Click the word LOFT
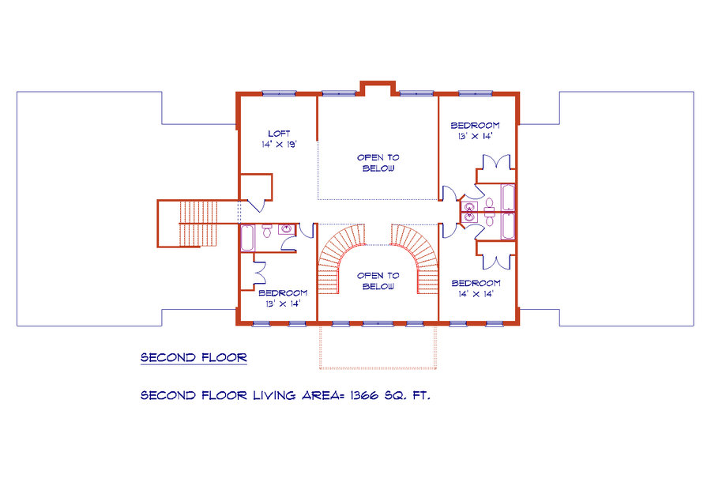click(279, 134)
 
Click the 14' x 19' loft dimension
click(279, 145)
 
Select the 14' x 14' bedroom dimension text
click(476, 294)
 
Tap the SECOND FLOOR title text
click(194, 357)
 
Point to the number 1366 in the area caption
click(364, 395)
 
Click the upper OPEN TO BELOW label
click(378, 163)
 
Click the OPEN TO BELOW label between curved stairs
click(378, 281)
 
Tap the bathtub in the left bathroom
click(246, 238)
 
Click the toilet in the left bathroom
click(267, 231)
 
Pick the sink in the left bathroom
click(286, 228)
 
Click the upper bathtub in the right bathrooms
click(508, 198)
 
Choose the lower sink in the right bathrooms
click(470, 217)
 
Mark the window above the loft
click(279, 93)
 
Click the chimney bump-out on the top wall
click(378, 88)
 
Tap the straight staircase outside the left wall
click(198, 224)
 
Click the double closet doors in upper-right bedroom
click(497, 163)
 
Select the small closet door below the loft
click(256, 205)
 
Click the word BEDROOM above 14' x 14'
click(476, 283)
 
